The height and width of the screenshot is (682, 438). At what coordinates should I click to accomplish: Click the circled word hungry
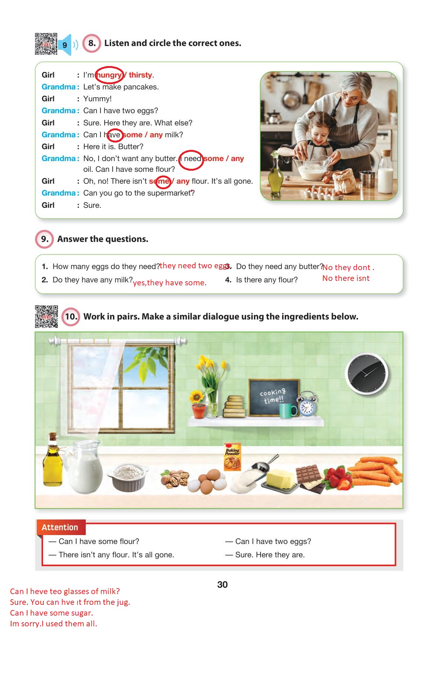coord(109,75)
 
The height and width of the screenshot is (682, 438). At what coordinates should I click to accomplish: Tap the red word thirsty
coord(140,75)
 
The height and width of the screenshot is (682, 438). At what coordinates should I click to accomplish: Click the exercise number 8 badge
coord(91,43)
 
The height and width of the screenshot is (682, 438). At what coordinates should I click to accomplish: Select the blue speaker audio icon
coord(67,45)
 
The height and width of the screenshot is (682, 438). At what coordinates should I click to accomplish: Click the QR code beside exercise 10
coord(46,317)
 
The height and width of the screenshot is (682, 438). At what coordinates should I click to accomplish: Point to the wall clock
coord(366,374)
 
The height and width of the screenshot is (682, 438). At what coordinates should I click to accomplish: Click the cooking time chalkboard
coord(274,397)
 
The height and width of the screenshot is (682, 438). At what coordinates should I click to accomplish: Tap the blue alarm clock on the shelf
coord(307,404)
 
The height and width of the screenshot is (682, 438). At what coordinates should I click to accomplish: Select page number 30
coord(222,585)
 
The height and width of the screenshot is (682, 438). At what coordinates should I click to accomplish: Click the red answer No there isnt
coord(346,278)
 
